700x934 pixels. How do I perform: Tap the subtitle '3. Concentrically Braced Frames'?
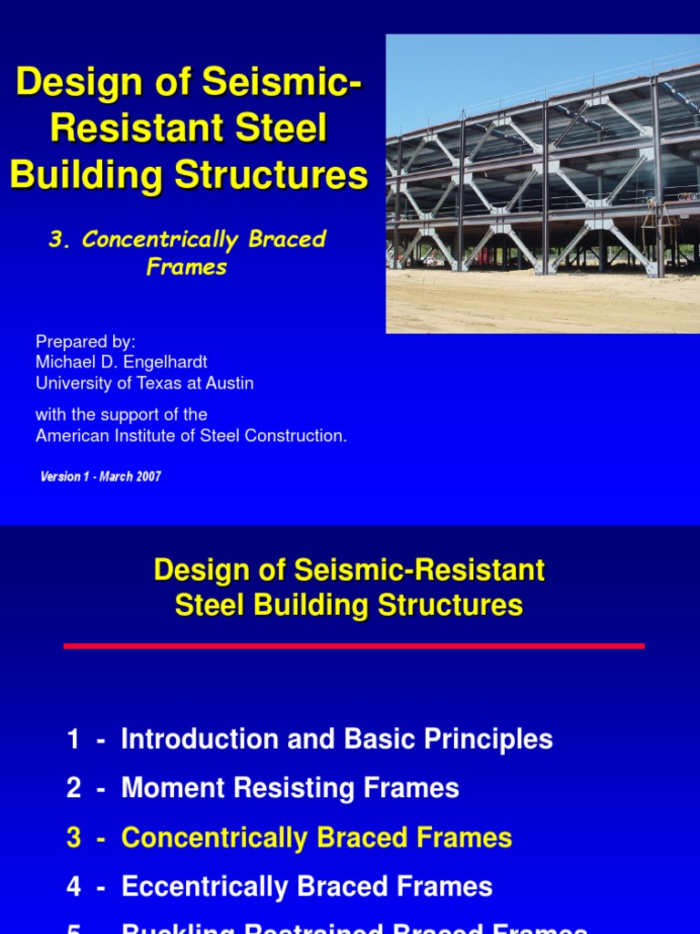[188, 253]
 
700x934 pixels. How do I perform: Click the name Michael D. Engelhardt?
[121, 362]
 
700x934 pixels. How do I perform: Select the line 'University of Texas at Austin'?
[144, 383]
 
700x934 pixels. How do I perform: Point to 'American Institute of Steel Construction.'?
[191, 436]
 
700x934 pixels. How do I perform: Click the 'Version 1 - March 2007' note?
[100, 477]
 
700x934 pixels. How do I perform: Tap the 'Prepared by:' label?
[85, 341]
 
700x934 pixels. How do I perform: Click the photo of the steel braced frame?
[542, 182]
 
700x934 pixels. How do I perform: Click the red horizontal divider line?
[354, 646]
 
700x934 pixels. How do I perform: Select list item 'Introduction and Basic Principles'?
[336, 739]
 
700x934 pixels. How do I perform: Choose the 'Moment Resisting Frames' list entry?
[290, 788]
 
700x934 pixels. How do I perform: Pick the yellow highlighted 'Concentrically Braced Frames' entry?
[316, 837]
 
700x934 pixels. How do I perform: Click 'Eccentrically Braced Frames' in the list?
[306, 886]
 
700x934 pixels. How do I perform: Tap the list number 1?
[74, 739]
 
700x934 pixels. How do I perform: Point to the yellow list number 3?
[74, 837]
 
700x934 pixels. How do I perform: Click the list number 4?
[74, 886]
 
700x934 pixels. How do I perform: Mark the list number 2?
[74, 788]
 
